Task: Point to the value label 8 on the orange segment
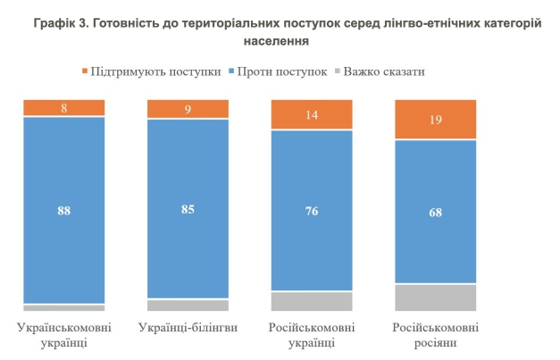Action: click(x=64, y=108)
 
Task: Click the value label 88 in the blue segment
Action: click(x=64, y=211)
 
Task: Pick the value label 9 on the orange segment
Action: click(x=188, y=110)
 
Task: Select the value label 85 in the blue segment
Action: click(x=188, y=209)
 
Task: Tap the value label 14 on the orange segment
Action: click(x=312, y=115)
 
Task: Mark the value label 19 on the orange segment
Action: click(x=436, y=121)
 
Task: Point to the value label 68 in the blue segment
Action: click(x=436, y=213)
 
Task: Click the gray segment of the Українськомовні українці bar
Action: click(x=64, y=307)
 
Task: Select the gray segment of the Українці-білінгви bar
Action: click(x=188, y=306)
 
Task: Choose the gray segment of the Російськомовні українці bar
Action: click(x=312, y=301)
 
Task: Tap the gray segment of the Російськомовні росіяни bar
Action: click(x=436, y=297)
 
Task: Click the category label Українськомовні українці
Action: click(x=64, y=336)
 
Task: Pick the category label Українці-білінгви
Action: click(x=188, y=328)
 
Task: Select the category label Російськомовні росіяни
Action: click(x=436, y=336)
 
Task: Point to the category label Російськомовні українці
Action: click(x=312, y=336)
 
